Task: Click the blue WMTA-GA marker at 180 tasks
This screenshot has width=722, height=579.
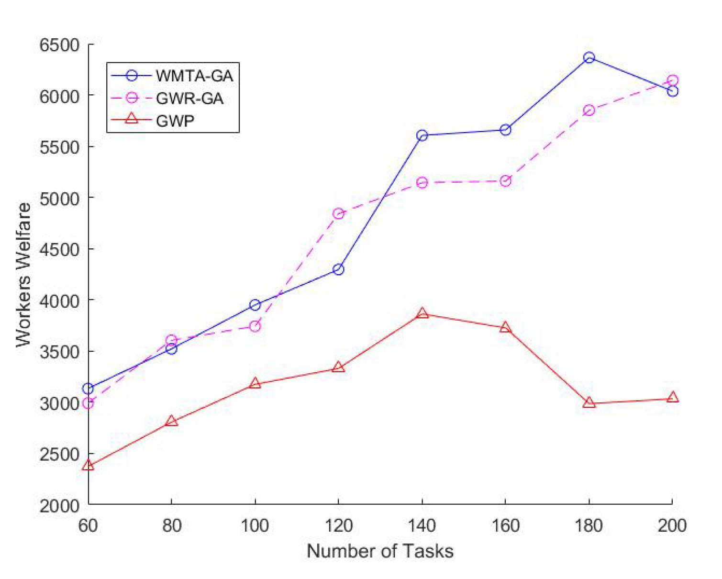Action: click(589, 57)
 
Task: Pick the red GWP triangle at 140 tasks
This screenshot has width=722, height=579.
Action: click(422, 313)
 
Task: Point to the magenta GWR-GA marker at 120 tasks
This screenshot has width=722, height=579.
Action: click(338, 213)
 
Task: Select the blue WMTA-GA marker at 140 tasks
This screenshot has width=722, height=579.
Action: click(422, 135)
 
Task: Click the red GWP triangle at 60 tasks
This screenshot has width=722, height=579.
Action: click(88, 465)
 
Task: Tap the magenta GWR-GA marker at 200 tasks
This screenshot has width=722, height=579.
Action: click(672, 80)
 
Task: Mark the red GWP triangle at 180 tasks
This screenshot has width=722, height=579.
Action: click(589, 403)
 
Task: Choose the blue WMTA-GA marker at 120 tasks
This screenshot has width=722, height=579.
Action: click(338, 269)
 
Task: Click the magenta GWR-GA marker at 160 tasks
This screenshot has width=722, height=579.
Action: click(505, 181)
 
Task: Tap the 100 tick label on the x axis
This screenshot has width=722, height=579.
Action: click(255, 525)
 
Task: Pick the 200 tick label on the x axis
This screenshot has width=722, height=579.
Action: click(672, 525)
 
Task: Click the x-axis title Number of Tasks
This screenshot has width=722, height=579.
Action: click(380, 551)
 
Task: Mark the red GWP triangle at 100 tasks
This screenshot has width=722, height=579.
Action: click(255, 384)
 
